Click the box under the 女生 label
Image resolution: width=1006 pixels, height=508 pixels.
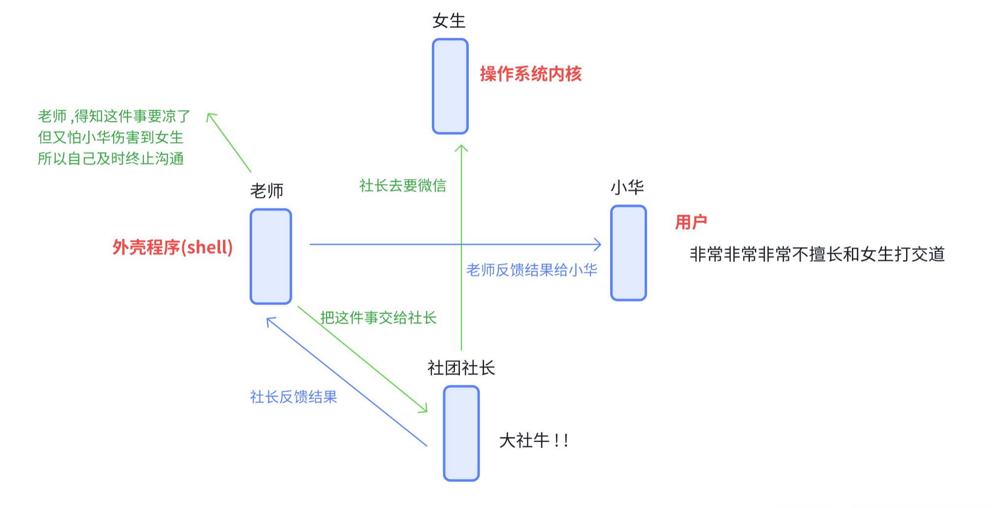point(450,86)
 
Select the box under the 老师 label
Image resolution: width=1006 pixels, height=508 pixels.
point(271,256)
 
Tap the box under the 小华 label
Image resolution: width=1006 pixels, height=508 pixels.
point(628,253)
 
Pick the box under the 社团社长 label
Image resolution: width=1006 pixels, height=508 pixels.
point(461,433)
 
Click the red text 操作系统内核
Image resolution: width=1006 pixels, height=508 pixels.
point(531,74)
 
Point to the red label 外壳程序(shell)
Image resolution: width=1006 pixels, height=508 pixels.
point(172,247)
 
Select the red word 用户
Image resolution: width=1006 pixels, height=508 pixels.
point(691,222)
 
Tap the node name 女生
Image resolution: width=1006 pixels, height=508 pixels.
point(449,21)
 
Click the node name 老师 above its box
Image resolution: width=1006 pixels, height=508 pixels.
point(266,190)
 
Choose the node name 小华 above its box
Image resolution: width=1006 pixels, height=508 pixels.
point(627,187)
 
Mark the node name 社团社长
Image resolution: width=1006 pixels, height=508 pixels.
point(461,368)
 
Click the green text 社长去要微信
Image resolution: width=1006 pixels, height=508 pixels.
point(403,186)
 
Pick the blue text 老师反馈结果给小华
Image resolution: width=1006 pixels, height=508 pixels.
point(532,270)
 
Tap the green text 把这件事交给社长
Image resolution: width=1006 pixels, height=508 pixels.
point(378,318)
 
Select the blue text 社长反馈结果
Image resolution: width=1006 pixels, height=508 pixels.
point(293,397)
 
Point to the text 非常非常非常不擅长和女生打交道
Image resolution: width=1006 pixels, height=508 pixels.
point(817,254)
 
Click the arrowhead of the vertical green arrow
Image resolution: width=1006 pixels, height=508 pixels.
point(461,148)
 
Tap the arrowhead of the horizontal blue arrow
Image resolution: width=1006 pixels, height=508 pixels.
point(598,244)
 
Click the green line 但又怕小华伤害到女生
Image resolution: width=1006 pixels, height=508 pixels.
point(111,137)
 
